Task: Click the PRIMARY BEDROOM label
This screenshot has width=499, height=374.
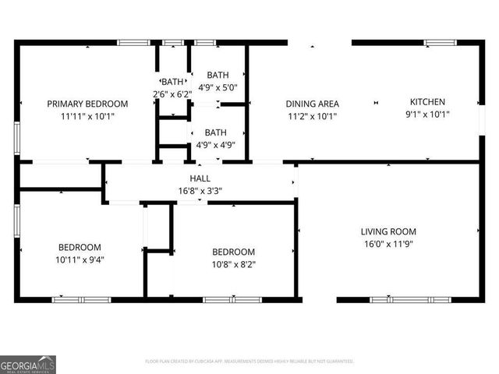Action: pos(87,104)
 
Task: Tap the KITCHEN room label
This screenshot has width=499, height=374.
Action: pos(427,102)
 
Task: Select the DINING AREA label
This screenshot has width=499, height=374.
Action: pos(312,104)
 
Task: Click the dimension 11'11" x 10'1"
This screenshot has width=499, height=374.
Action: pos(87,117)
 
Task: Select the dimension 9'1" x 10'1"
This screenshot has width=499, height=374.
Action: pos(427,115)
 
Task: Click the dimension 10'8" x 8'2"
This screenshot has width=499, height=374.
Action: pos(233,265)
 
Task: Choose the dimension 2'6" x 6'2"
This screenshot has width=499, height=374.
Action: pos(172,94)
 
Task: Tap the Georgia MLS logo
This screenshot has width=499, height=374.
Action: pos(28,364)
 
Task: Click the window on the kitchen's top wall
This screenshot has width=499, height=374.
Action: pos(440,42)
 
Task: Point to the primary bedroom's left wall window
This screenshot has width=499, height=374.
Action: pos(16,133)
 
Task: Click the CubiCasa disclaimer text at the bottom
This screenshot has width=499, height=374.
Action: pos(249,362)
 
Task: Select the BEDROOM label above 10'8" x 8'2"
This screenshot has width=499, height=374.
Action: pos(233,252)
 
